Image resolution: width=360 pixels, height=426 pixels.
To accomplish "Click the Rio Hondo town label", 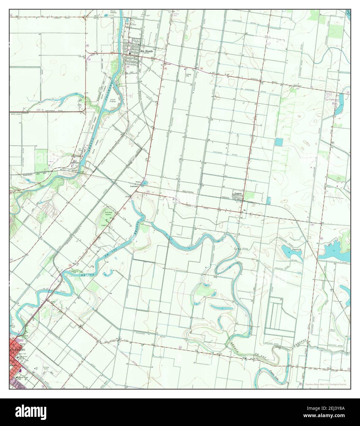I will [146, 51].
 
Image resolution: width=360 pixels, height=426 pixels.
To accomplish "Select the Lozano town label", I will [239, 194].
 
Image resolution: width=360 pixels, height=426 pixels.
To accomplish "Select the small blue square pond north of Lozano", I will [279, 142].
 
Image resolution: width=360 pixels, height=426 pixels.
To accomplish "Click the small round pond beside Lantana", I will [144, 183].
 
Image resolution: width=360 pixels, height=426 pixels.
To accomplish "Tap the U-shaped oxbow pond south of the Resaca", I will [108, 273].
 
